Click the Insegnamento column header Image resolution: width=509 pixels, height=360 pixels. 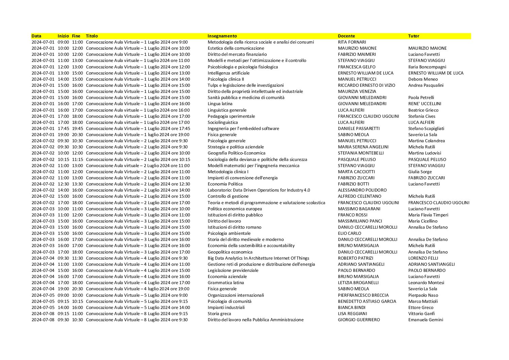pyautogui.click(x=222, y=36)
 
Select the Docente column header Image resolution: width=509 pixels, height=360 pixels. pyautogui.click(x=346, y=36)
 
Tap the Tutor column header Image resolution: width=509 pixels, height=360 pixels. pyautogui.click(x=413, y=36)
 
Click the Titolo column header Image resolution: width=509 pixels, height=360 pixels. pyautogui.click(x=92, y=36)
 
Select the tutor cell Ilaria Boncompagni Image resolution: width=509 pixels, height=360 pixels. pyautogui.click(x=427, y=67)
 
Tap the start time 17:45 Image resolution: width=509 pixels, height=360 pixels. pyautogui.click(x=63, y=128)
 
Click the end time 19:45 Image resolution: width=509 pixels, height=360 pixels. pyautogui.click(x=77, y=128)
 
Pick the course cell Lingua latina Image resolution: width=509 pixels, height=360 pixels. pyautogui.click(x=220, y=103)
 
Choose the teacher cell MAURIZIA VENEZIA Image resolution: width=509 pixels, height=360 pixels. pyautogui.click(x=357, y=91)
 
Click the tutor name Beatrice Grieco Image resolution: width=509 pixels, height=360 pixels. pyautogui.click(x=423, y=110)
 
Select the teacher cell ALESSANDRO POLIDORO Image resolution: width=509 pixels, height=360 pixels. pyautogui.click(x=362, y=190)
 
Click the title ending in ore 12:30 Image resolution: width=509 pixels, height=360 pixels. pyautogui.click(x=138, y=184)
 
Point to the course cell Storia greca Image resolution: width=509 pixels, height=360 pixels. pyautogui.click(x=219, y=313)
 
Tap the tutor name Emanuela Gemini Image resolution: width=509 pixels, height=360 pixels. pyautogui.click(x=426, y=320)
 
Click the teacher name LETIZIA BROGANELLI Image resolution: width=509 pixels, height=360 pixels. pyautogui.click(x=358, y=282)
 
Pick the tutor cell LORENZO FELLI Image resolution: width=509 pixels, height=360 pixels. pyautogui.click(x=423, y=258)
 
